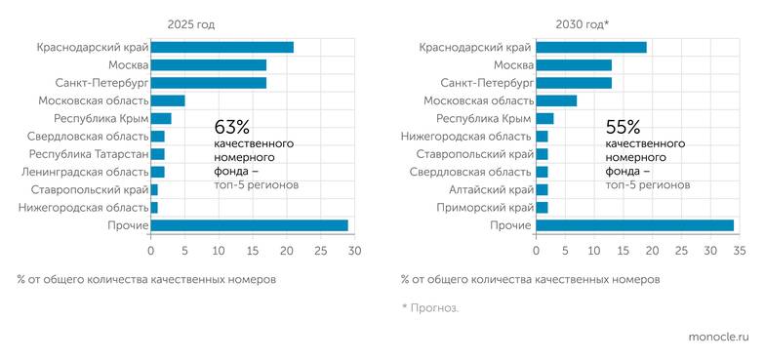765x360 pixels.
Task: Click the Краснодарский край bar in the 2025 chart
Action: pyautogui.click(x=221, y=47)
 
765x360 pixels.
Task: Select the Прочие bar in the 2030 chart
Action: pyautogui.click(x=634, y=225)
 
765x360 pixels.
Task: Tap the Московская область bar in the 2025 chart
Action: pyautogui.click(x=168, y=100)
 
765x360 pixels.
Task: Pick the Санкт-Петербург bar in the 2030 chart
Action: pyautogui.click(x=574, y=83)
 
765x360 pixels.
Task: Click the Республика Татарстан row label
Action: pyautogui.click(x=89, y=154)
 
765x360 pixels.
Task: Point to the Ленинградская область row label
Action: pyautogui.click(x=88, y=172)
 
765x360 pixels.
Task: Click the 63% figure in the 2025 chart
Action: pyautogui.click(x=232, y=127)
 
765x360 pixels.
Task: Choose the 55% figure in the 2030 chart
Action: pyautogui.click(x=623, y=127)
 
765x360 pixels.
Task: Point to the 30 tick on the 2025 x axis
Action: pyautogui.click(x=354, y=251)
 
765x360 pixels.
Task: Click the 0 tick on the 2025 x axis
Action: pyautogui.click(x=151, y=251)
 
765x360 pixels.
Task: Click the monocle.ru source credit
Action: pyautogui.click(x=717, y=336)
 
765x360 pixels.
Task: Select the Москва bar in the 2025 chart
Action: pyautogui.click(x=209, y=65)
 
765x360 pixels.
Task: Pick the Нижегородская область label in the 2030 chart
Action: pyautogui.click(x=471, y=137)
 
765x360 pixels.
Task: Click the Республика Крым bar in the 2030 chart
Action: pyautogui.click(x=544, y=119)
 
